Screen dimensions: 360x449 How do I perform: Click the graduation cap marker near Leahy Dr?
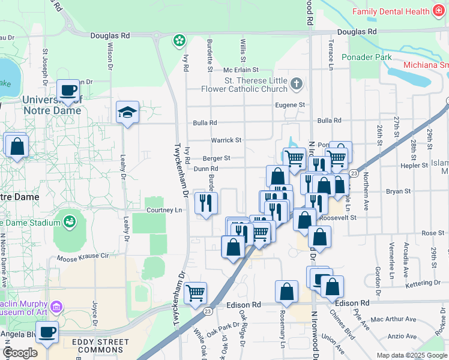point(127,113)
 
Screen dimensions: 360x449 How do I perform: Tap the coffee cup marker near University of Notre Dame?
point(68,91)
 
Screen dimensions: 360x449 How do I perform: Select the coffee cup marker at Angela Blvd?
point(47,332)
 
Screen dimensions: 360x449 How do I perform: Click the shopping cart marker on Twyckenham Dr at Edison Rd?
point(196,294)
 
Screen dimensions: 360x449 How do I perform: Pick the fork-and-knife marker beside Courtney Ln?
point(206,204)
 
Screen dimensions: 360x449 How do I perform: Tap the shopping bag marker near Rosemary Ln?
point(287,292)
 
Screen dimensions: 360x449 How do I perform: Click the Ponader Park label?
point(366,57)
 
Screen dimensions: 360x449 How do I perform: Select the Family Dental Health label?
point(391,11)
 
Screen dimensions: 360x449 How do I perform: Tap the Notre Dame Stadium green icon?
point(70,222)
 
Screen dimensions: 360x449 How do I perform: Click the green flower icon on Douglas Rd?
point(179,41)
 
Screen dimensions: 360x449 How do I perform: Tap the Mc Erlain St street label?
point(240,70)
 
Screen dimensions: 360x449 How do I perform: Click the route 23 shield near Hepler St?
point(354,173)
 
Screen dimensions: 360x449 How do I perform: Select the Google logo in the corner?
point(20,353)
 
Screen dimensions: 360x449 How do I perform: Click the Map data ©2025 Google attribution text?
point(411,355)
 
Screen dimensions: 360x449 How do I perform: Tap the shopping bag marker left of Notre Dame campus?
point(17,146)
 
